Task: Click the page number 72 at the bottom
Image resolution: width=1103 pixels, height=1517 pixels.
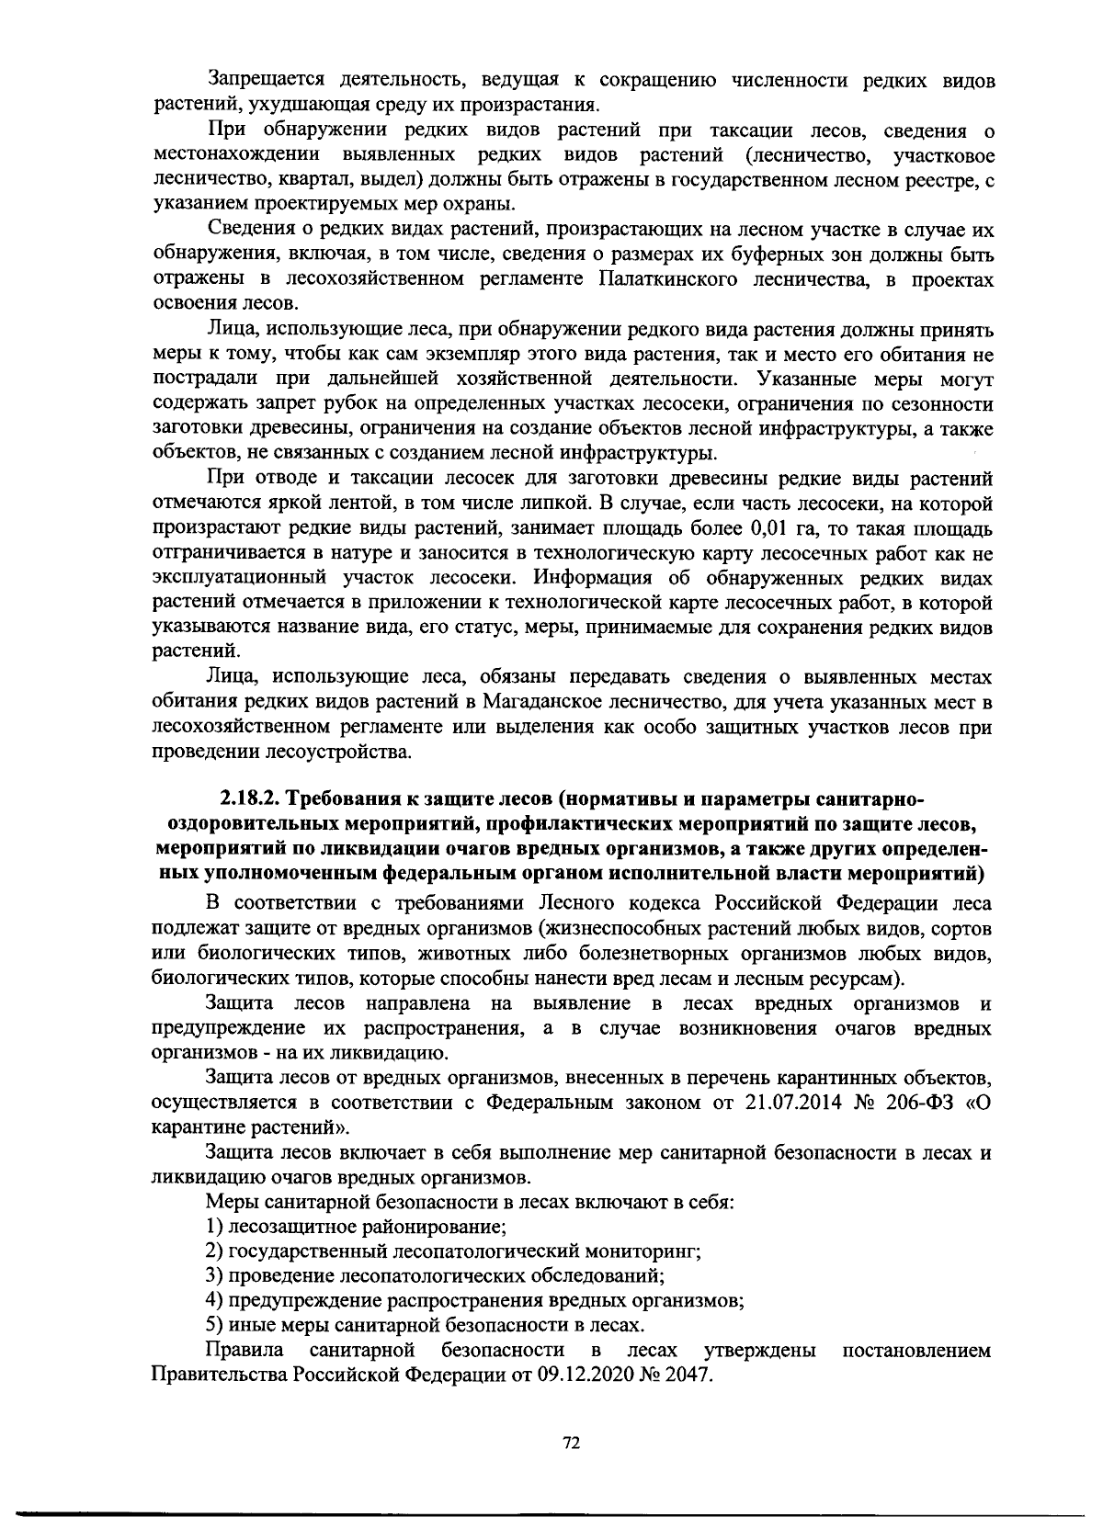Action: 571,1443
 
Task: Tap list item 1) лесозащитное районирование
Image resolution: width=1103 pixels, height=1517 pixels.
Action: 357,1227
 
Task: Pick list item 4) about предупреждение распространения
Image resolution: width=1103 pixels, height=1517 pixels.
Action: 474,1301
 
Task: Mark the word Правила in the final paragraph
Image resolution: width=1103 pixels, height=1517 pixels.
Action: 245,1351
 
